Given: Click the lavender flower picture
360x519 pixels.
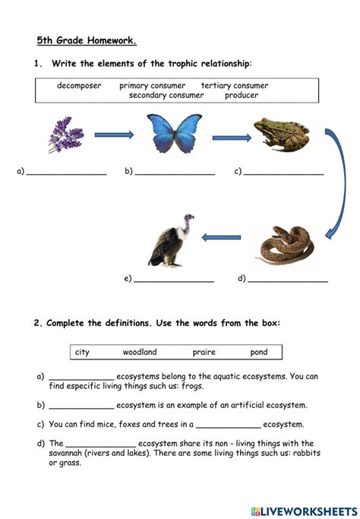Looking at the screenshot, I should point(66,134).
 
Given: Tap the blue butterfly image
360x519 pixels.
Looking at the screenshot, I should point(174,134).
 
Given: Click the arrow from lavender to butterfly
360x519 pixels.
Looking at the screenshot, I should point(113,135).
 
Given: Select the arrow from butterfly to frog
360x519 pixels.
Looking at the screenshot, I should point(231,138).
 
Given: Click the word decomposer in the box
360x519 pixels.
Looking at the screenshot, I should point(79,86).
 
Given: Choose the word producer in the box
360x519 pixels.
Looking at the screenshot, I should point(242,96).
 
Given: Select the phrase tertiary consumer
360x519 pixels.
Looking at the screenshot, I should point(235,86).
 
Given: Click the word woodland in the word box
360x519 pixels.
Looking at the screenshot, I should point(140,353).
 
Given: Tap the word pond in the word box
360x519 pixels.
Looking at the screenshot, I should point(259,353).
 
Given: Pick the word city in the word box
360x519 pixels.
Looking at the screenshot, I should point(82,353).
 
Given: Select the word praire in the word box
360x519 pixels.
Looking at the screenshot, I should point(204,353).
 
